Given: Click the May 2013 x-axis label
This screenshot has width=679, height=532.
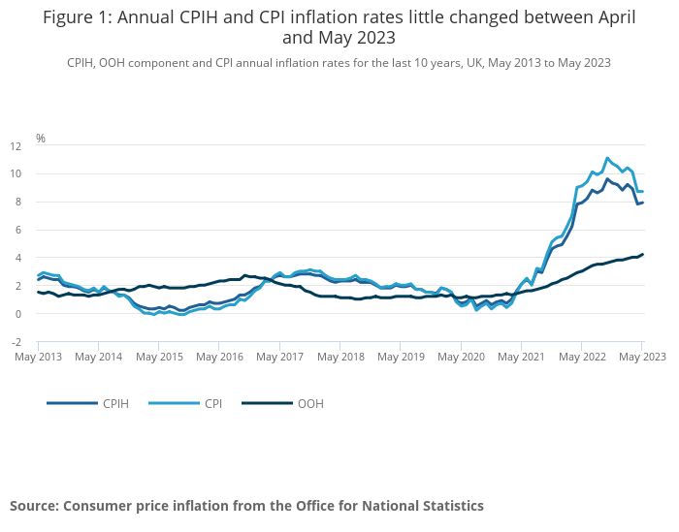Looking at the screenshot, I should pyautogui.click(x=39, y=357).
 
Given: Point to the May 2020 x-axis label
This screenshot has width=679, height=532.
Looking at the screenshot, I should pyautogui.click(x=461, y=357).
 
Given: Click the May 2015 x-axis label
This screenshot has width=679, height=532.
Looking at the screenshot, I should pyautogui.click(x=159, y=357).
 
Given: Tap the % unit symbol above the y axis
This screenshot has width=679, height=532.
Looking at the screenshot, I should pyautogui.click(x=41, y=138).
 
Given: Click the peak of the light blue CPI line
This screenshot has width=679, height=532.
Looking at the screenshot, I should pyautogui.click(x=607, y=158).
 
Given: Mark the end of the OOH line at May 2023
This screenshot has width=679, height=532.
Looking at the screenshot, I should pyautogui.click(x=642, y=255).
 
